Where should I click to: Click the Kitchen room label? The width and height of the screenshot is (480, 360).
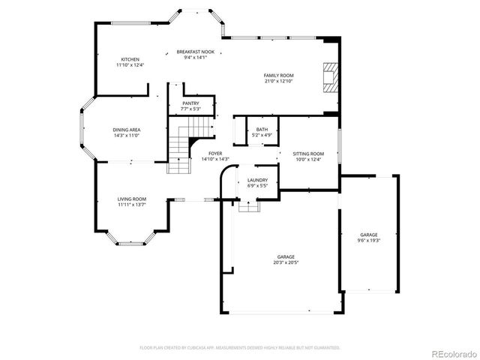point(130,59)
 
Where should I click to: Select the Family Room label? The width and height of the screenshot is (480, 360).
point(278,75)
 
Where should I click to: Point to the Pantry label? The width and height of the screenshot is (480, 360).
point(190,103)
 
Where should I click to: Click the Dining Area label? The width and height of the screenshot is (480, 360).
point(127,130)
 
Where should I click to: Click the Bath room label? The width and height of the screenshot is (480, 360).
point(262,130)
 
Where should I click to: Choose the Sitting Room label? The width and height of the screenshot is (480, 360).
point(308,153)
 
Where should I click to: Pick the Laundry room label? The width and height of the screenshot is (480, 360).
point(258,180)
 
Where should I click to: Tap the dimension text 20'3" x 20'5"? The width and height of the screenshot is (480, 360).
point(283,262)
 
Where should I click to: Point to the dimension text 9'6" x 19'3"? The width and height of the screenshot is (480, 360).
point(368,240)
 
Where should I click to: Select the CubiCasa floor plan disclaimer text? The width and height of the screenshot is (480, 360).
point(240,348)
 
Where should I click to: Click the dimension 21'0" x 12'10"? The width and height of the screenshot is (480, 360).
point(278,80)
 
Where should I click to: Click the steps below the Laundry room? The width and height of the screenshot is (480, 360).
point(247,207)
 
